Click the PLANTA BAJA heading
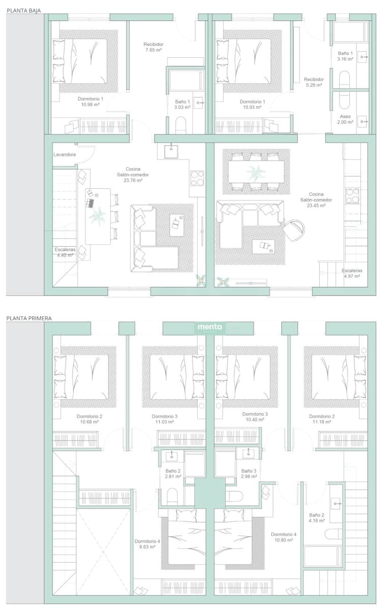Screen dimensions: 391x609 24,11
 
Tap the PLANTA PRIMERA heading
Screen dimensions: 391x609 29,318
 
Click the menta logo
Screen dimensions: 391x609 209,327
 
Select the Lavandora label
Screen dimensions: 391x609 65,154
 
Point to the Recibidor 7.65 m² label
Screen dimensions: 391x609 153,47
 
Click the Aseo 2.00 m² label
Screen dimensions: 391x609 345,119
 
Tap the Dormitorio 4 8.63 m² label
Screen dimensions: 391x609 147,544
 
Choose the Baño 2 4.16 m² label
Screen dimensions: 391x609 317,518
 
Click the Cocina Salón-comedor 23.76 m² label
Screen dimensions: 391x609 133,175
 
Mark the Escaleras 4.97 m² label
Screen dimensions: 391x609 352,273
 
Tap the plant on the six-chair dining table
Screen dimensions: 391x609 256,172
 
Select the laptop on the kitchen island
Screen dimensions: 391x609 90,203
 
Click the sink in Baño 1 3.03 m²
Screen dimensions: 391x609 199,103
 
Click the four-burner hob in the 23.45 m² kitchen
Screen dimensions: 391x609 352,196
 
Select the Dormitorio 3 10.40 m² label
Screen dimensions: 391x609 255,417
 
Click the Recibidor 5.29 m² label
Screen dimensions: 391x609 314,82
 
